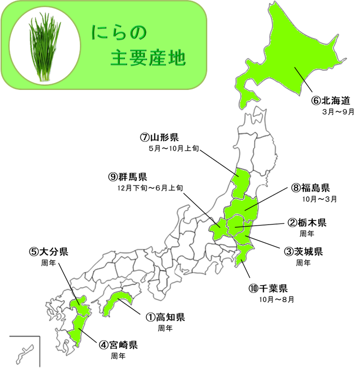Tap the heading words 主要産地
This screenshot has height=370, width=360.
[x=148, y=59]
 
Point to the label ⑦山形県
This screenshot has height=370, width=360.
[x=159, y=138]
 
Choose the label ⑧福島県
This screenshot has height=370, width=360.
[x=311, y=188]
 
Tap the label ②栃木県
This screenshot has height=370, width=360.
[x=307, y=223]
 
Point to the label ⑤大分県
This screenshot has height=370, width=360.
[x=49, y=252]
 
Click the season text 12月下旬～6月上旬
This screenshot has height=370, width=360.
[x=149, y=189]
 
